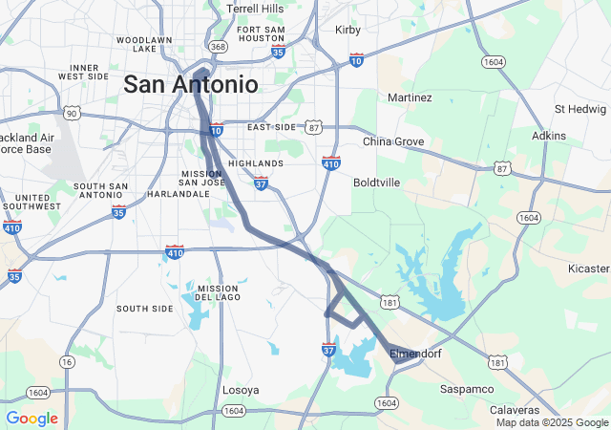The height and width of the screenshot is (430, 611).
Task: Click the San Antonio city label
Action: (190, 84)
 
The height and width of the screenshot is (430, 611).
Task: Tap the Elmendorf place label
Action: (416, 354)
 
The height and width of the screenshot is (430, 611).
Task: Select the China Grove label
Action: (393, 141)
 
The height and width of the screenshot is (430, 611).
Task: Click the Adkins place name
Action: (549, 136)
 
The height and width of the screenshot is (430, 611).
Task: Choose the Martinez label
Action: (410, 97)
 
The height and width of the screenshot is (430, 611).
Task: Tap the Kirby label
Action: (348, 30)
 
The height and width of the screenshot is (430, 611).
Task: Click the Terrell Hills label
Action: (255, 9)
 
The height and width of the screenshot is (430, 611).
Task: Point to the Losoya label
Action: (240, 390)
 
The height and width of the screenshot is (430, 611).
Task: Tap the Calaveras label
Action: (516, 409)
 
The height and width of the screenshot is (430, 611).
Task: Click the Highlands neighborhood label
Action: (256, 163)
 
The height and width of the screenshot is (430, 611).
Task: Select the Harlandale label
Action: (178, 193)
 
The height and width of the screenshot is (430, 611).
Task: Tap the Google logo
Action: (32, 419)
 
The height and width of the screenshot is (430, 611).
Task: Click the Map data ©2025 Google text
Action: (551, 422)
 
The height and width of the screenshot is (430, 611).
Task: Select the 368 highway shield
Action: (218, 46)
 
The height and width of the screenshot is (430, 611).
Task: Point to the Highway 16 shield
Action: (66, 362)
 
